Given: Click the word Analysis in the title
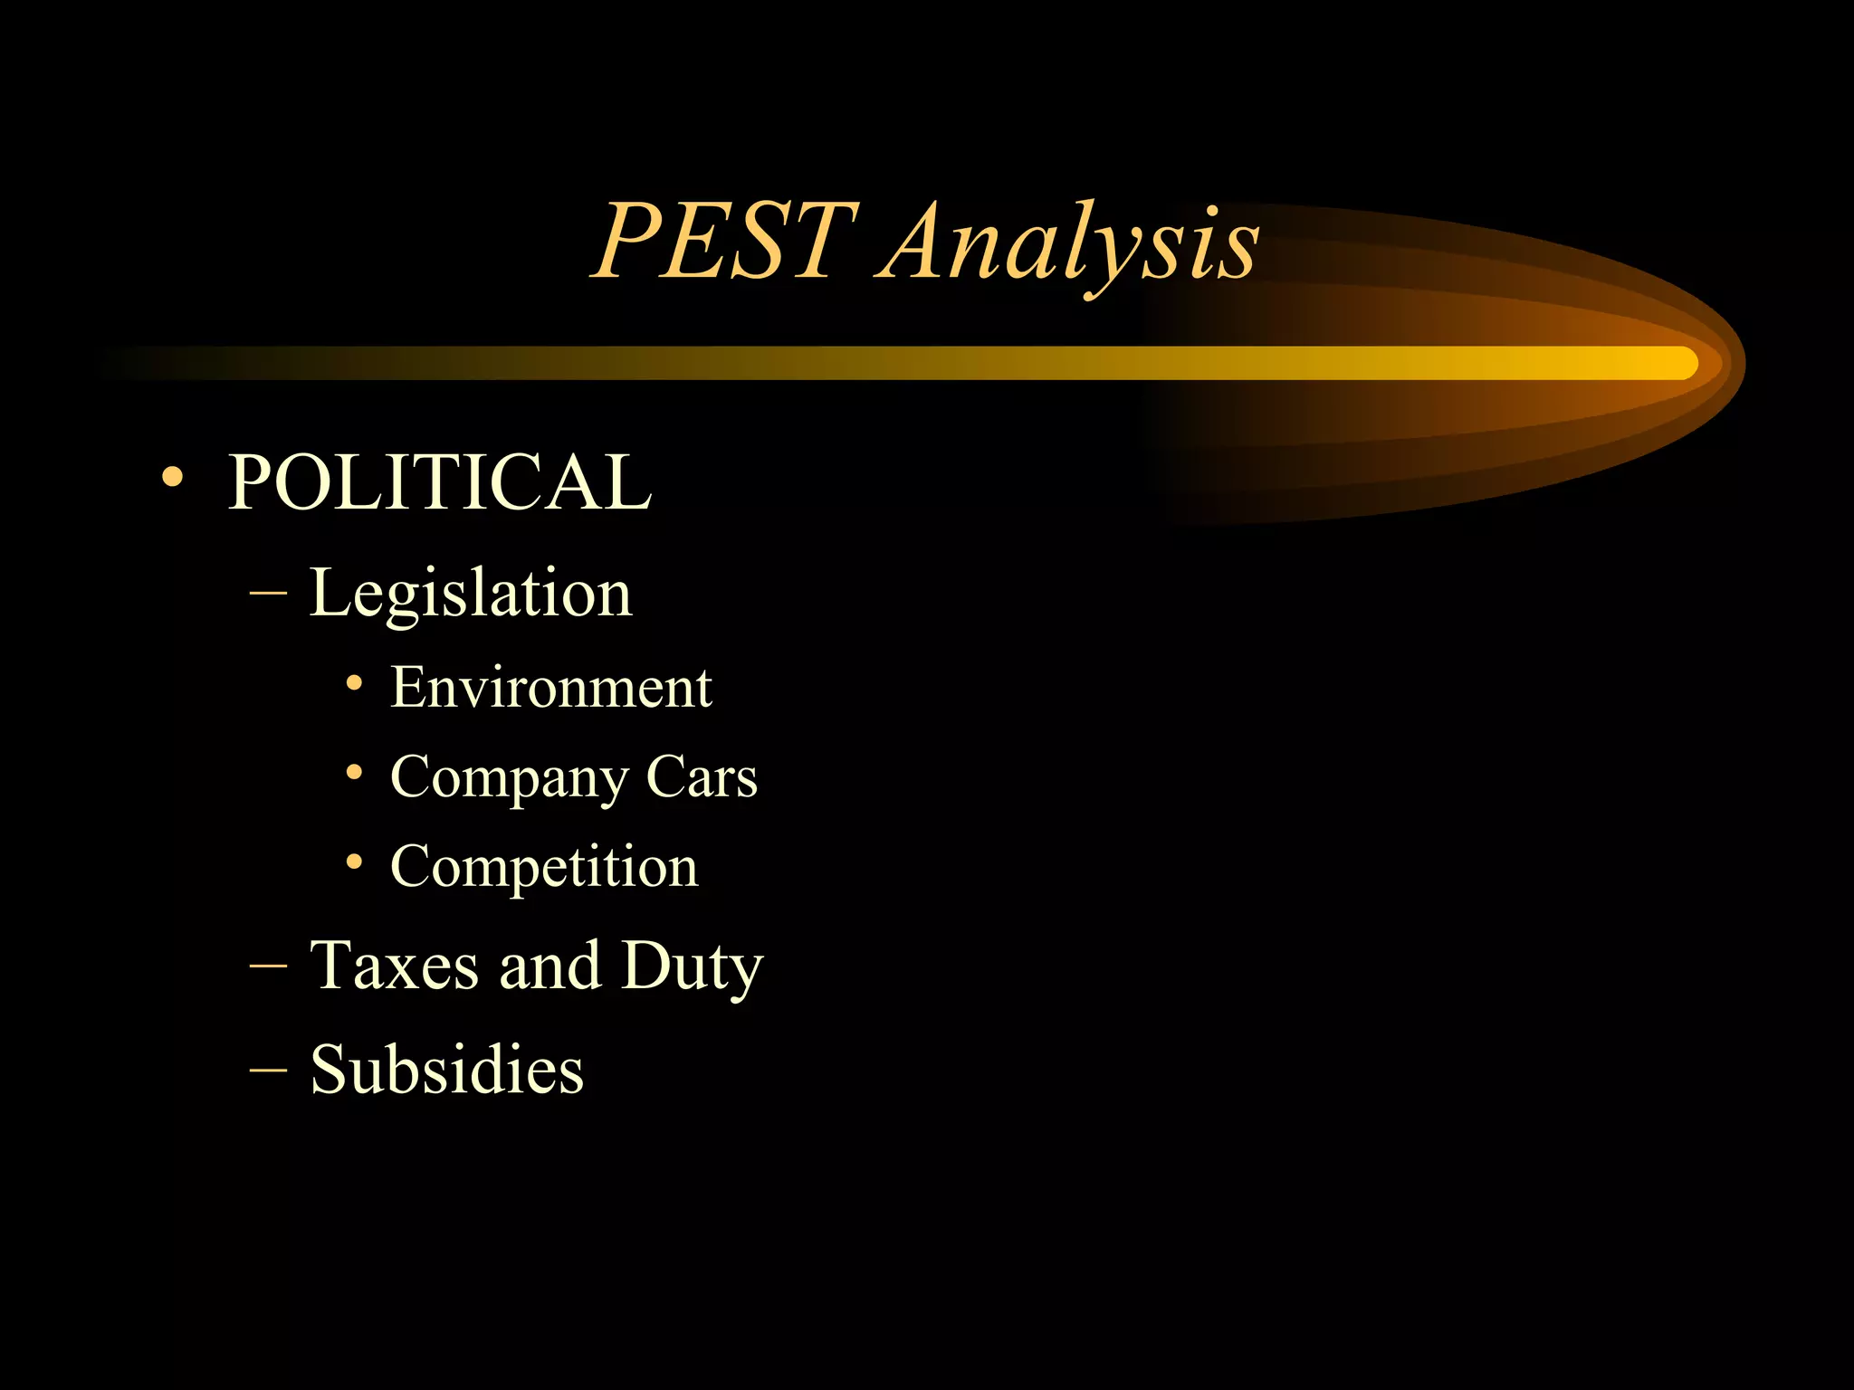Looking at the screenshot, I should click(1068, 244).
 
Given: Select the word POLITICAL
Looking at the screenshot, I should click(439, 481).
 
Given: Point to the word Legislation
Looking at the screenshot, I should click(471, 595).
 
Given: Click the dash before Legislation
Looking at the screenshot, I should click(268, 595).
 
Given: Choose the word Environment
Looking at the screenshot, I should click(551, 688).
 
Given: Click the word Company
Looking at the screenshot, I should click(508, 778).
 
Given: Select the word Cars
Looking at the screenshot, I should click(702, 776).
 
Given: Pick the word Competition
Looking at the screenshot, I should click(544, 867).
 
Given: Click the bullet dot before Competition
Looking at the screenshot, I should click(355, 862).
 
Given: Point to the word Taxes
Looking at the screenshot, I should click(394, 966).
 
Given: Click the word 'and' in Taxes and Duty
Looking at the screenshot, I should click(550, 966).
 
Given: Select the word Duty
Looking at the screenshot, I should click(693, 967).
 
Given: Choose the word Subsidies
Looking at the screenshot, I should click(447, 1070).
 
